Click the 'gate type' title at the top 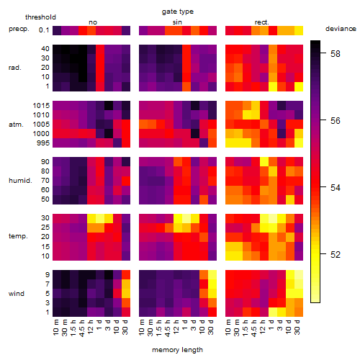[x=178, y=12]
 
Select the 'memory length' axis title [x=177, y=350]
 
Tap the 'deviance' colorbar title [x=341, y=29]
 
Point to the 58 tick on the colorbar [x=336, y=53]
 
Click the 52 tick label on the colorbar [x=336, y=254]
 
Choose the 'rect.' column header [x=261, y=22]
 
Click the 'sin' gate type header [x=177, y=22]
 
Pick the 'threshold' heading [x=40, y=17]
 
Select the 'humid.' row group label [x=20, y=181]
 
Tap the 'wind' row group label [x=17, y=294]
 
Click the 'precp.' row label [x=19, y=29]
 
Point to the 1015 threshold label [x=41, y=106]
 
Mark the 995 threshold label [x=43, y=143]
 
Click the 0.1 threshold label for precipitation [x=44, y=30]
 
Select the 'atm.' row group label [x=16, y=125]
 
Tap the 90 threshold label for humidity [x=45, y=162]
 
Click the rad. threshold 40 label [x=45, y=49]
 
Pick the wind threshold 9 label [x=48, y=275]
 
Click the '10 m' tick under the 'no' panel [x=56, y=327]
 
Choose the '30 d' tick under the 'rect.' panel [x=297, y=327]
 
